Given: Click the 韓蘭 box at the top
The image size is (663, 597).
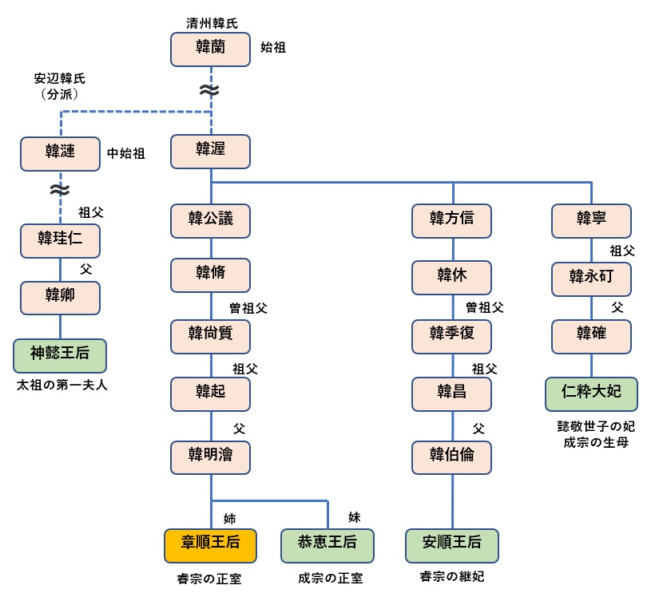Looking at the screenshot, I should tap(211, 49).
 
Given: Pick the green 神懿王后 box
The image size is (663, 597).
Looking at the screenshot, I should tap(60, 354).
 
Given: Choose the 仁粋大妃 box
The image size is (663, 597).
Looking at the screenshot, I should tap(591, 393).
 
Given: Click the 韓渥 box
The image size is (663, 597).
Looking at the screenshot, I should tap(211, 150).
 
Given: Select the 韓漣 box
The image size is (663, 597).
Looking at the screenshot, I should tap(60, 152).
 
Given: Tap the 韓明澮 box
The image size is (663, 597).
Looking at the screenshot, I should tap(211, 457).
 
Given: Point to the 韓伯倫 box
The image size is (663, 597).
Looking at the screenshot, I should tap(452, 457).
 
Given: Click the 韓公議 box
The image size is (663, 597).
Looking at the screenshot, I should tap(211, 220).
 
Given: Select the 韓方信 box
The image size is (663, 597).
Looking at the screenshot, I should tap(452, 220).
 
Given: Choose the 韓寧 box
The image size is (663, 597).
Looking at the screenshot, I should tap(591, 220).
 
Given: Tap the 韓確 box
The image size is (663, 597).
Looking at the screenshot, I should tap(591, 335).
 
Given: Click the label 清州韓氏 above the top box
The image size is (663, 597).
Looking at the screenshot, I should tap(211, 23).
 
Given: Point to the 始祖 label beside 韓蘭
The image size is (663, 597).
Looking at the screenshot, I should tap(273, 48).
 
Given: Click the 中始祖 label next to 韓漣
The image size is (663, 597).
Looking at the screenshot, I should tap(126, 153).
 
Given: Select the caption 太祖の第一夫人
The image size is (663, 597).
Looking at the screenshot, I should tap(62, 385).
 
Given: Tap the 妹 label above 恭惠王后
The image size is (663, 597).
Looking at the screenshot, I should tap(354, 517).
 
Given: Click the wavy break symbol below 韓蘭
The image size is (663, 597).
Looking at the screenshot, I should tap(209, 91).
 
